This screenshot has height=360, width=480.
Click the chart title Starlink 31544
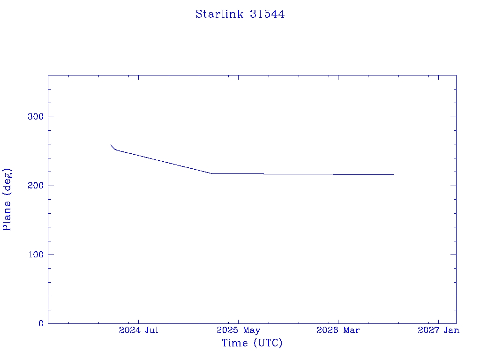[x=240, y=14]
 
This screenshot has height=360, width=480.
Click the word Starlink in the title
[x=219, y=14]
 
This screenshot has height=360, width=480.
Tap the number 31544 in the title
[x=267, y=14]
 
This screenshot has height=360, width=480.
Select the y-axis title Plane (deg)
[x=7, y=199]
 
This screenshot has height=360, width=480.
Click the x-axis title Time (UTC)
[x=252, y=343]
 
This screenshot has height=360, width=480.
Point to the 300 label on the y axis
[x=36, y=117]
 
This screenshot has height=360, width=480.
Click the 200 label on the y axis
[x=36, y=186]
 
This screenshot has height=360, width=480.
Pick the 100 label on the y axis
[x=36, y=255]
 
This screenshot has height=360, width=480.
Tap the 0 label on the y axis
[x=41, y=323]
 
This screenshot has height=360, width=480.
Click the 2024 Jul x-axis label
[x=138, y=330]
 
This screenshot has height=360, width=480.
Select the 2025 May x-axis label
[x=238, y=330]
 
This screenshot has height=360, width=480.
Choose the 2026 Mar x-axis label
[x=338, y=330]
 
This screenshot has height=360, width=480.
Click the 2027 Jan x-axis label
[x=438, y=330]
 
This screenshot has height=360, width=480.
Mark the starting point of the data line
[x=111, y=145]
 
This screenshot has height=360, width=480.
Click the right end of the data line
[x=394, y=174]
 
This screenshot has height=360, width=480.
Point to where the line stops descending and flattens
[x=212, y=173]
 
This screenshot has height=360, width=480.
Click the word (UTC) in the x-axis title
[x=268, y=343]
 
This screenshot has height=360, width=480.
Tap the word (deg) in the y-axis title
[x=7, y=181]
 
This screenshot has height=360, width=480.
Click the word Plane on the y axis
[x=7, y=216]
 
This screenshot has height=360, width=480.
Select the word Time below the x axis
[x=235, y=343]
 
